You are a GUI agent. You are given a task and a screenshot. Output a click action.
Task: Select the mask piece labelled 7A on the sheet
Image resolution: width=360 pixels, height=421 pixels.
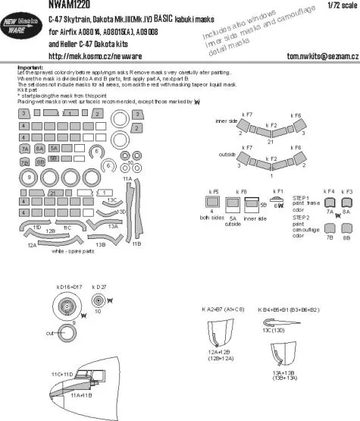(25, 149)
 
